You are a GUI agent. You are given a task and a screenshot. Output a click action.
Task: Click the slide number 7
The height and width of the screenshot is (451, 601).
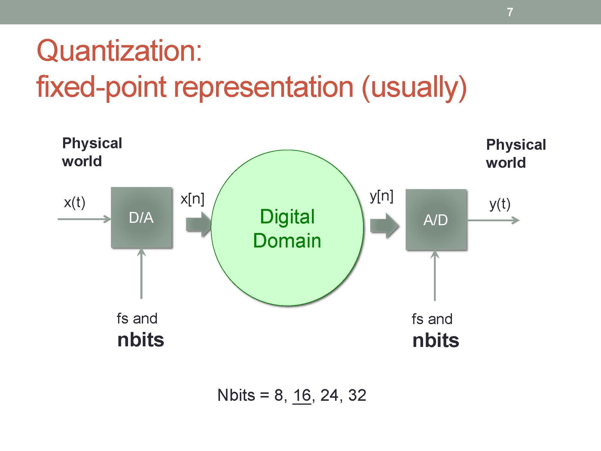point(510,12)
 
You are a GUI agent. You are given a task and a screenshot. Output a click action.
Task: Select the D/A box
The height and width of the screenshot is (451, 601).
point(141,217)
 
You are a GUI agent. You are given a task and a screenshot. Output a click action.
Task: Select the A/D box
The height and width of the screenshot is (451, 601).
point(436,219)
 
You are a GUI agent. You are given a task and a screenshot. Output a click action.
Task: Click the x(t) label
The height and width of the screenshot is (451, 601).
point(75,202)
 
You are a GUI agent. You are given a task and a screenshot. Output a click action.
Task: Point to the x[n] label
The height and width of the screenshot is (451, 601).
point(192,199)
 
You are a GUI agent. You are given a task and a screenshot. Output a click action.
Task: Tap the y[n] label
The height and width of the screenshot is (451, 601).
point(382,196)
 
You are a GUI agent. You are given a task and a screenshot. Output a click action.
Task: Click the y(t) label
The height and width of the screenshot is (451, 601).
point(500,204)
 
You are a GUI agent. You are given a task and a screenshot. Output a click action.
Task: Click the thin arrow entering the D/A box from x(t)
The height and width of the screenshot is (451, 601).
point(84,219)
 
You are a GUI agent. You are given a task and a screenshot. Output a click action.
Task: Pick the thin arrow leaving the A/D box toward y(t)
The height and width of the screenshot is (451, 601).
point(493,220)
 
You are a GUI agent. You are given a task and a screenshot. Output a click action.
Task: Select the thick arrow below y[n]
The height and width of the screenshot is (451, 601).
point(384,226)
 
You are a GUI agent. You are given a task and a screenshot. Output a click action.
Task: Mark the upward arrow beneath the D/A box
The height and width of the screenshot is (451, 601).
point(141,273)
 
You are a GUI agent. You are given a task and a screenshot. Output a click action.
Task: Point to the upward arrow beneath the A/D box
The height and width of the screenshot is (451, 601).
point(435,275)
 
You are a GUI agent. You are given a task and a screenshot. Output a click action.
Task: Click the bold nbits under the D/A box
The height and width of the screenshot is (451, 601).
point(141,339)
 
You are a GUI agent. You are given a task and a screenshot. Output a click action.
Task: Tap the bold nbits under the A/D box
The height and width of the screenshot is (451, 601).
point(436,340)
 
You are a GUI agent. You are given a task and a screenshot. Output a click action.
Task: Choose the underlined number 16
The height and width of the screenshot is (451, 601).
point(302,395)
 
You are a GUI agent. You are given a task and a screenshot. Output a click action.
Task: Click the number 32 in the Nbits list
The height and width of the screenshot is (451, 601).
point(357,395)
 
